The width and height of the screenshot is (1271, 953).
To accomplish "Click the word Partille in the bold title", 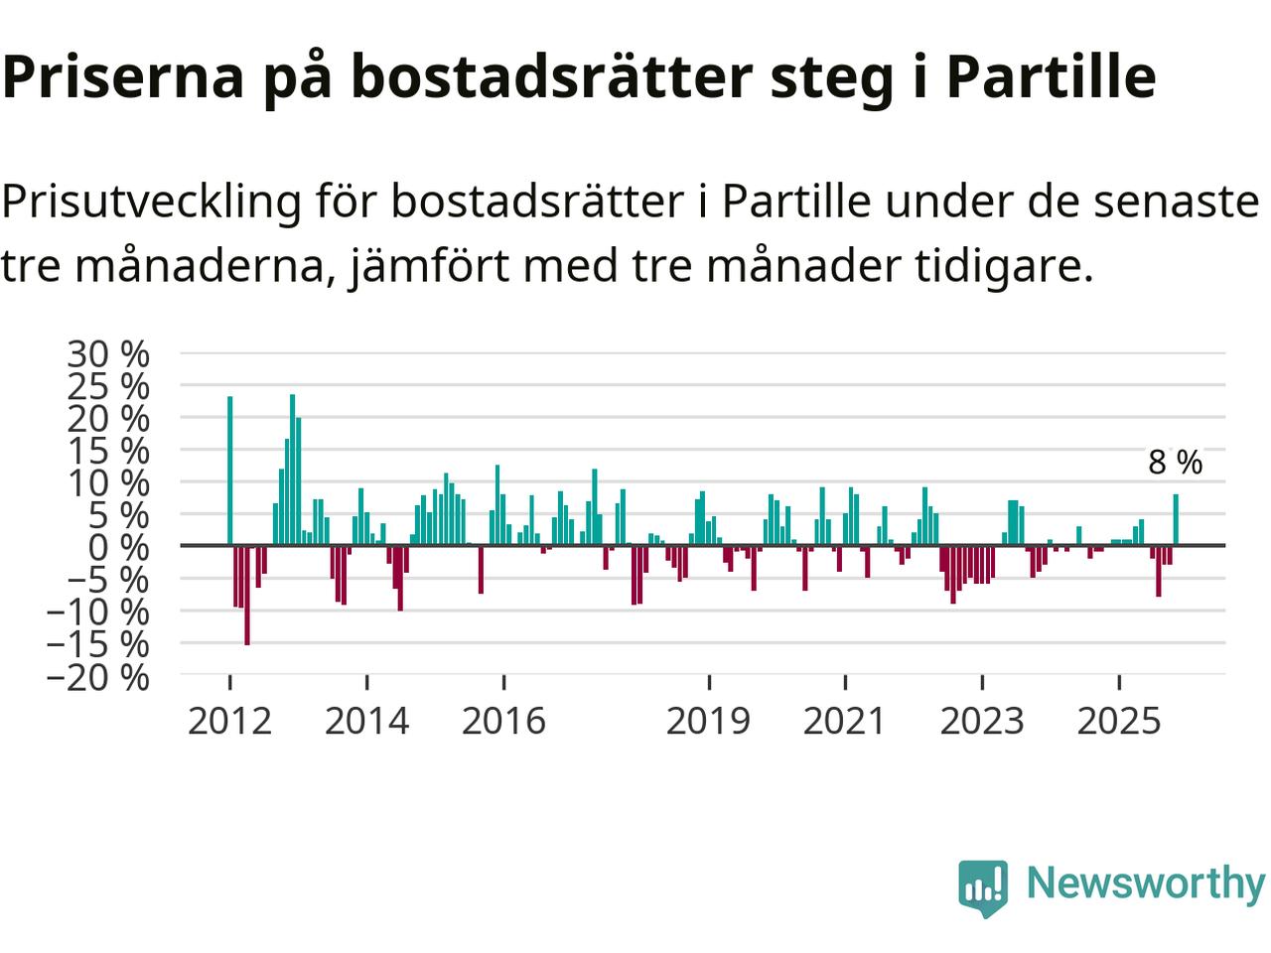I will click(x=1050, y=76).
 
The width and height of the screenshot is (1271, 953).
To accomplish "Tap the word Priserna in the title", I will click(x=123, y=76).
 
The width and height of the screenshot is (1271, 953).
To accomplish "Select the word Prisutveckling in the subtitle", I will click(x=151, y=203).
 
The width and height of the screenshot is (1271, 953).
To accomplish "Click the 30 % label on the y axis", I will click(x=108, y=353).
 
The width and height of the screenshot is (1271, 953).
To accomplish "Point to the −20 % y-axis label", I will click(x=97, y=677).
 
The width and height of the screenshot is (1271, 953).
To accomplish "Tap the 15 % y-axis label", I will click(x=108, y=451).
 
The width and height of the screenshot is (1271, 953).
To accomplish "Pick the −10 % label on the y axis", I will click(x=97, y=613).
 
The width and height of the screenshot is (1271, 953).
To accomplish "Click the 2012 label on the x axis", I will click(x=229, y=721).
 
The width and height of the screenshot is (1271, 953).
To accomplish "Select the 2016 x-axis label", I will click(x=503, y=721).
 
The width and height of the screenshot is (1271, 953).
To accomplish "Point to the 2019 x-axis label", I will click(x=708, y=721).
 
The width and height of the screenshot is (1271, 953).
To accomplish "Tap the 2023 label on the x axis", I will click(x=981, y=721).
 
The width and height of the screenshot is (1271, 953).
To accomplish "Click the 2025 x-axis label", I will click(x=1118, y=721).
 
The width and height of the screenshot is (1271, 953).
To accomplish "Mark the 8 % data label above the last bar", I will click(x=1175, y=463).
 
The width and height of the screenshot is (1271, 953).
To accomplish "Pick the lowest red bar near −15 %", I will click(x=247, y=596).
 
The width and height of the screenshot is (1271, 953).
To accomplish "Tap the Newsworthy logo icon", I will click(x=983, y=886).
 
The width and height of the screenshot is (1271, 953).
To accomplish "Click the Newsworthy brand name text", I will click(x=1145, y=883).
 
